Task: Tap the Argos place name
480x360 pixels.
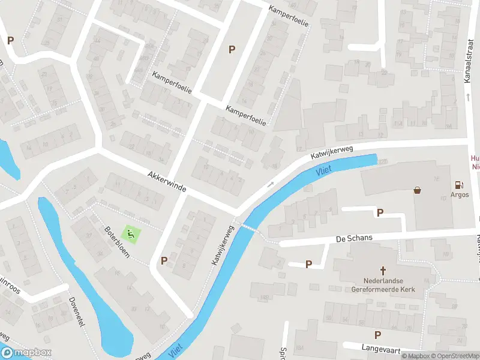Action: (460, 195)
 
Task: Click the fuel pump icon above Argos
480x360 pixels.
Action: (460, 185)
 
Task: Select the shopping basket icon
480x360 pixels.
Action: (417, 190)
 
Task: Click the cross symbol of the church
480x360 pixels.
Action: (382, 271)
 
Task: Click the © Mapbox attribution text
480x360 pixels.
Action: (414, 356)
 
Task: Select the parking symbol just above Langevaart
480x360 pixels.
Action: (377, 335)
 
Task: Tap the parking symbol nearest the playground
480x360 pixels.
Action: (164, 260)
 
